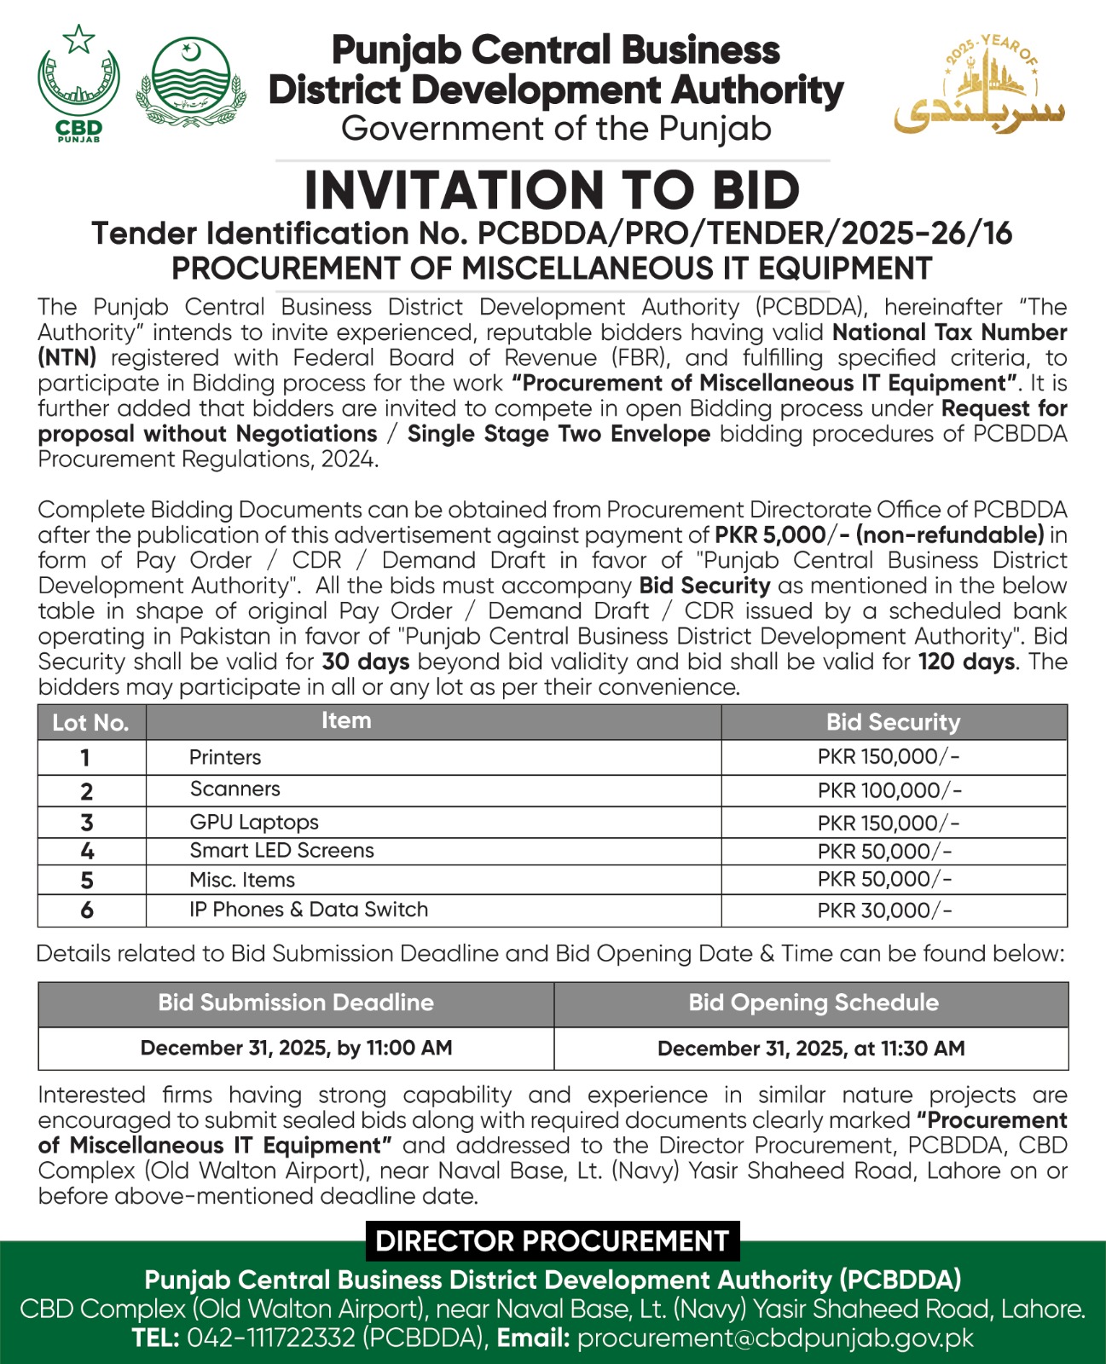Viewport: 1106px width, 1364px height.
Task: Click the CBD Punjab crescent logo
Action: (x=78, y=83)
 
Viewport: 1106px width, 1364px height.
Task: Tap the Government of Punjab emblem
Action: (x=192, y=83)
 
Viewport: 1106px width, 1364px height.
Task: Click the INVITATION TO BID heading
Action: (x=552, y=190)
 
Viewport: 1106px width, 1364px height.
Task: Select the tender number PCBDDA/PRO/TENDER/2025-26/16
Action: (x=744, y=234)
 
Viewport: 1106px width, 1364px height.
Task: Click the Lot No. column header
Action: (x=90, y=723)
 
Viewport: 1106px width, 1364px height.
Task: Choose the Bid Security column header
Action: (x=893, y=723)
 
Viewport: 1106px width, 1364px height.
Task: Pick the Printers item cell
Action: (x=225, y=757)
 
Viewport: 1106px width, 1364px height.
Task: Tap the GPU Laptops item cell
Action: (x=254, y=823)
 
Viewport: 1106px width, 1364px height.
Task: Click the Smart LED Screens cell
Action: (x=281, y=851)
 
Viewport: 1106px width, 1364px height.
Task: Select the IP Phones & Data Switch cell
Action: (x=309, y=910)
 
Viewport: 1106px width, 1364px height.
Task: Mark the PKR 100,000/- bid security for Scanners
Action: (x=889, y=790)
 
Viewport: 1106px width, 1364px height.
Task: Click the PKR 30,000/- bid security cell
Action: (x=884, y=910)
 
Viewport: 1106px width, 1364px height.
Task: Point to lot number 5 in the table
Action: (x=87, y=881)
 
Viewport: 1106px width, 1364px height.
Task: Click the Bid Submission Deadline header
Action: (x=296, y=1003)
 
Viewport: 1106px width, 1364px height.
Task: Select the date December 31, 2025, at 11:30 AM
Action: (x=811, y=1049)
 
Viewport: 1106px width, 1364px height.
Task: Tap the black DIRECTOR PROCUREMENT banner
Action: (x=552, y=1241)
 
